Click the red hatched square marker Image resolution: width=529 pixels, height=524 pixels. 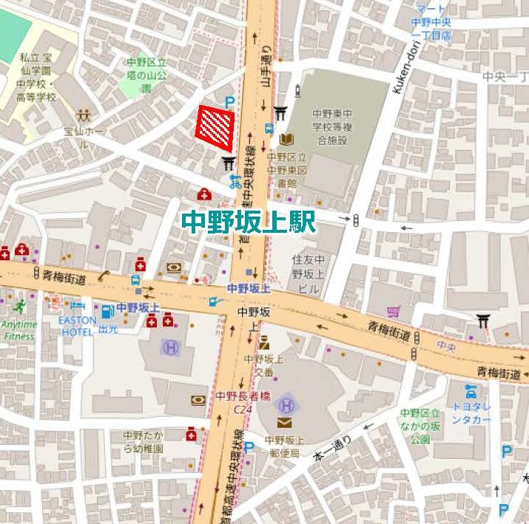pyautogui.click(x=216, y=123)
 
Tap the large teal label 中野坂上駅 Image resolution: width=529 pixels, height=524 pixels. pyautogui.click(x=249, y=222)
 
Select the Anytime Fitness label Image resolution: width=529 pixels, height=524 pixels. pyautogui.click(x=18, y=330)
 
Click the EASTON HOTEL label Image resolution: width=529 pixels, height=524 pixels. pyautogui.click(x=78, y=326)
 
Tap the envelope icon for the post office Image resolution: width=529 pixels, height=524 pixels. pyautogui.click(x=285, y=423)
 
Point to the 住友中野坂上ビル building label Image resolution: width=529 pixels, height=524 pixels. pyautogui.click(x=308, y=273)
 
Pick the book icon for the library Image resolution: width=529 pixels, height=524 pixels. pyautogui.click(x=287, y=138)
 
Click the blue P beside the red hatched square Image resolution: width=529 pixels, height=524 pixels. pyautogui.click(x=229, y=103)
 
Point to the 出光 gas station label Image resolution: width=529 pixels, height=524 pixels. pyautogui.click(x=108, y=330)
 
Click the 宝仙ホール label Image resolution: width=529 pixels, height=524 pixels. pyautogui.click(x=84, y=137)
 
